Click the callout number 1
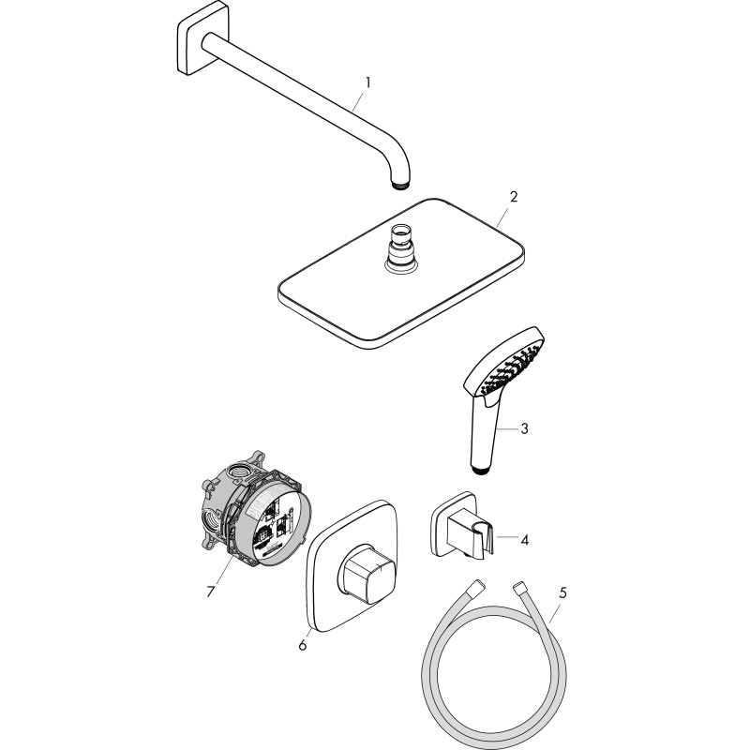tap(367, 83)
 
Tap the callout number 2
tap(514, 197)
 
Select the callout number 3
tap(524, 428)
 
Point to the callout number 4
tap(525, 540)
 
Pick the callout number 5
tap(563, 593)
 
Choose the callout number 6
tap(302, 645)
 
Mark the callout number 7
tap(210, 592)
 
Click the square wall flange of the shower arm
tap(202, 38)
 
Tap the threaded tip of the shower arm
tap(400, 185)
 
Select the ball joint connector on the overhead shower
tap(401, 248)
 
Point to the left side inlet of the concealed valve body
tap(209, 518)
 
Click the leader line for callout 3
tap(507, 429)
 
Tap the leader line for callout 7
tap(224, 570)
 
